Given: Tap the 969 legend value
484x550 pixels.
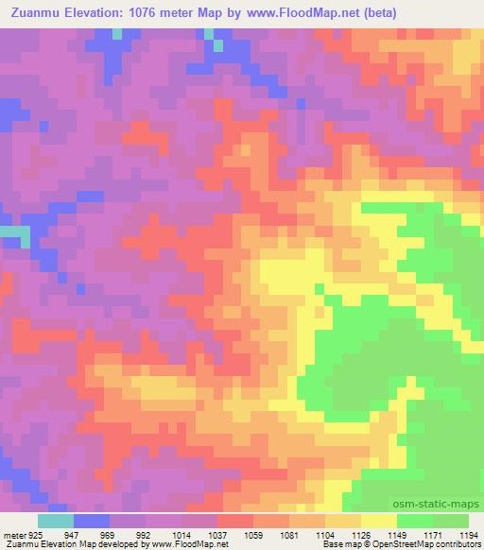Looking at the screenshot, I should (107, 534).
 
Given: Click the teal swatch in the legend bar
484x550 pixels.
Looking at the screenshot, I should (56, 521).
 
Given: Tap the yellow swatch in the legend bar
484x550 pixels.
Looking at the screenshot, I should (379, 521).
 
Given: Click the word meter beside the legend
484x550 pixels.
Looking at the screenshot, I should (11, 534).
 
